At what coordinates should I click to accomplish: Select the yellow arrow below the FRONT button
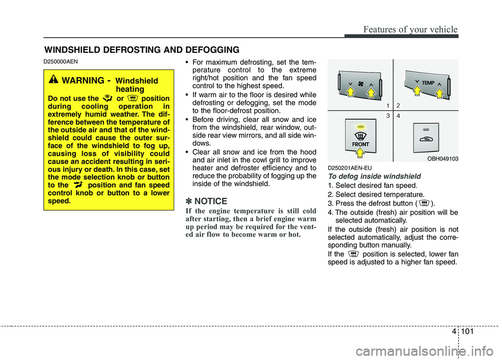[360, 153]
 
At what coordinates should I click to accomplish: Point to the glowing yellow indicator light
[360, 127]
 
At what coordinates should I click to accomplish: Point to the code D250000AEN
[61, 62]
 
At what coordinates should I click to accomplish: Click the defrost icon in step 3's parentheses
[425, 203]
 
